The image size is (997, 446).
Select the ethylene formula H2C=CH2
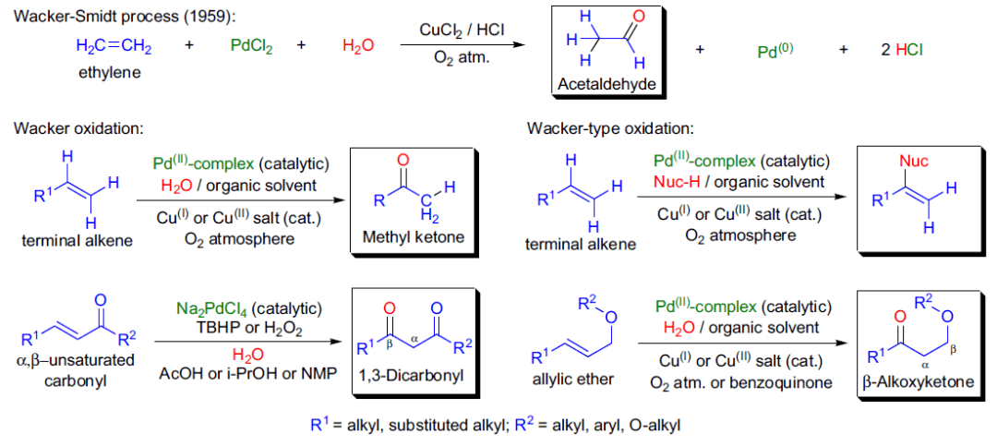pyautogui.click(x=114, y=46)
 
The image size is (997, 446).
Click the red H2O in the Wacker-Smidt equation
pyautogui.click(x=358, y=46)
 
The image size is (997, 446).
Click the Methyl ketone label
pyautogui.click(x=413, y=237)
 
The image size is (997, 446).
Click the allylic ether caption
pyautogui.click(x=574, y=379)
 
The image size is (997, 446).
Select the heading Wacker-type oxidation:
pyautogui.click(x=610, y=127)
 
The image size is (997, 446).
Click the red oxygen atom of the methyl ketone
pyautogui.click(x=401, y=159)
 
